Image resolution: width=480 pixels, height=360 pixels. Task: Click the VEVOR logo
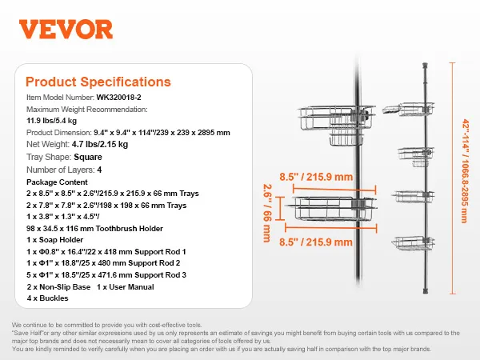(66, 30)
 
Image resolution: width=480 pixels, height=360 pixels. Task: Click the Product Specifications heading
(98, 82)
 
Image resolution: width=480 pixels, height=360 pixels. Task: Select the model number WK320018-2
(118, 98)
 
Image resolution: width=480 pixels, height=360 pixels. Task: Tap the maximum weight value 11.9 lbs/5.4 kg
(51, 121)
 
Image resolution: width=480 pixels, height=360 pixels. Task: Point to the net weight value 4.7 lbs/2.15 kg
(100, 144)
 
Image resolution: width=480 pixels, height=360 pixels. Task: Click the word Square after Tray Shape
(88, 157)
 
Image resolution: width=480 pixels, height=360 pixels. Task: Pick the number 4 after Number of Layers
(99, 170)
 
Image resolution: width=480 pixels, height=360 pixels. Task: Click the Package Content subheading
(57, 182)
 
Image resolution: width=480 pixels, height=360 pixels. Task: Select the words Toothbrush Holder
(130, 228)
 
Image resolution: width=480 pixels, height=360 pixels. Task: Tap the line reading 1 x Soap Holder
(54, 240)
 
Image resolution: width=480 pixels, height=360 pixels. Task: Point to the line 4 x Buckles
(47, 298)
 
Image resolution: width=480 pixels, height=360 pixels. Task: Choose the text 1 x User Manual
(126, 287)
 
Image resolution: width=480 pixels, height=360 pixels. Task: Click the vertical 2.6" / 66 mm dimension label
(267, 213)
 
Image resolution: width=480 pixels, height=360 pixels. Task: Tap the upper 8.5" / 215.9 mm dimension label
(316, 177)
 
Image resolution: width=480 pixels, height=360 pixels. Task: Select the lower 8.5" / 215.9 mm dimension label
(316, 242)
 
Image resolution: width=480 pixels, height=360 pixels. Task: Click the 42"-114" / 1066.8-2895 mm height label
(465, 171)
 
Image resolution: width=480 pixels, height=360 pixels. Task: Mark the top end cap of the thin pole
(425, 66)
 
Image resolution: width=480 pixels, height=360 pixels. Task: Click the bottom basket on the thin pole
(413, 242)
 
